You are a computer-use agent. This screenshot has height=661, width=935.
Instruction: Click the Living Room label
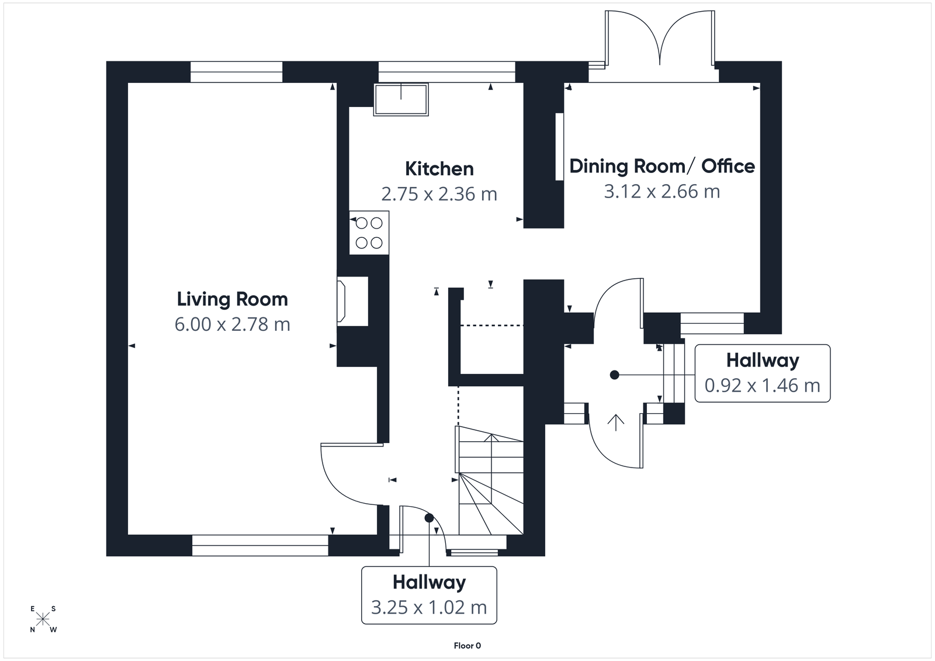tap(232, 299)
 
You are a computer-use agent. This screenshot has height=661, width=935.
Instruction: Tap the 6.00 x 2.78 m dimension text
tap(232, 324)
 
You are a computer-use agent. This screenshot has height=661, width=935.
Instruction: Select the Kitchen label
tap(439, 169)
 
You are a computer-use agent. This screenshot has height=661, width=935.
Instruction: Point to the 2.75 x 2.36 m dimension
tap(439, 193)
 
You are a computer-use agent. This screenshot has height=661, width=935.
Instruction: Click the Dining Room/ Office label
tap(662, 166)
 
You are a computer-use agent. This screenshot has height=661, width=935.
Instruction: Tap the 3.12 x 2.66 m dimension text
tap(662, 191)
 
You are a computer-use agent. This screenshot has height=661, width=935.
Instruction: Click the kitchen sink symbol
tap(401, 99)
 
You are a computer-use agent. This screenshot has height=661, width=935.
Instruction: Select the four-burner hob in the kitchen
tap(369, 233)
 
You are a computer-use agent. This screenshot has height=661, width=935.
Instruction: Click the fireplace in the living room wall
tap(352, 301)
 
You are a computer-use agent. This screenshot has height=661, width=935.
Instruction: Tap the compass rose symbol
tap(43, 619)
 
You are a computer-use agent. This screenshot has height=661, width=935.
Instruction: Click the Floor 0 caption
tap(467, 646)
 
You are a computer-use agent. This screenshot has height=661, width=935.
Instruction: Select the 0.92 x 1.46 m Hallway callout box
tap(762, 373)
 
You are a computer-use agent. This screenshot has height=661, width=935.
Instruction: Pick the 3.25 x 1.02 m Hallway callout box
tap(429, 595)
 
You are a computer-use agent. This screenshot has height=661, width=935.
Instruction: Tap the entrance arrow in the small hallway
tap(616, 421)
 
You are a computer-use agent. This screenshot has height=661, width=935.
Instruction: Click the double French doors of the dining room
tap(660, 41)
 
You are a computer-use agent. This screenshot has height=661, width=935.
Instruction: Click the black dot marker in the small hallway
tap(614, 375)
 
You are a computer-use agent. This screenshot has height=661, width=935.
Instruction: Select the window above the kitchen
tap(446, 72)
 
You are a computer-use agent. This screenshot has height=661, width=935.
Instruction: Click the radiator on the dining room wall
tap(559, 146)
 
